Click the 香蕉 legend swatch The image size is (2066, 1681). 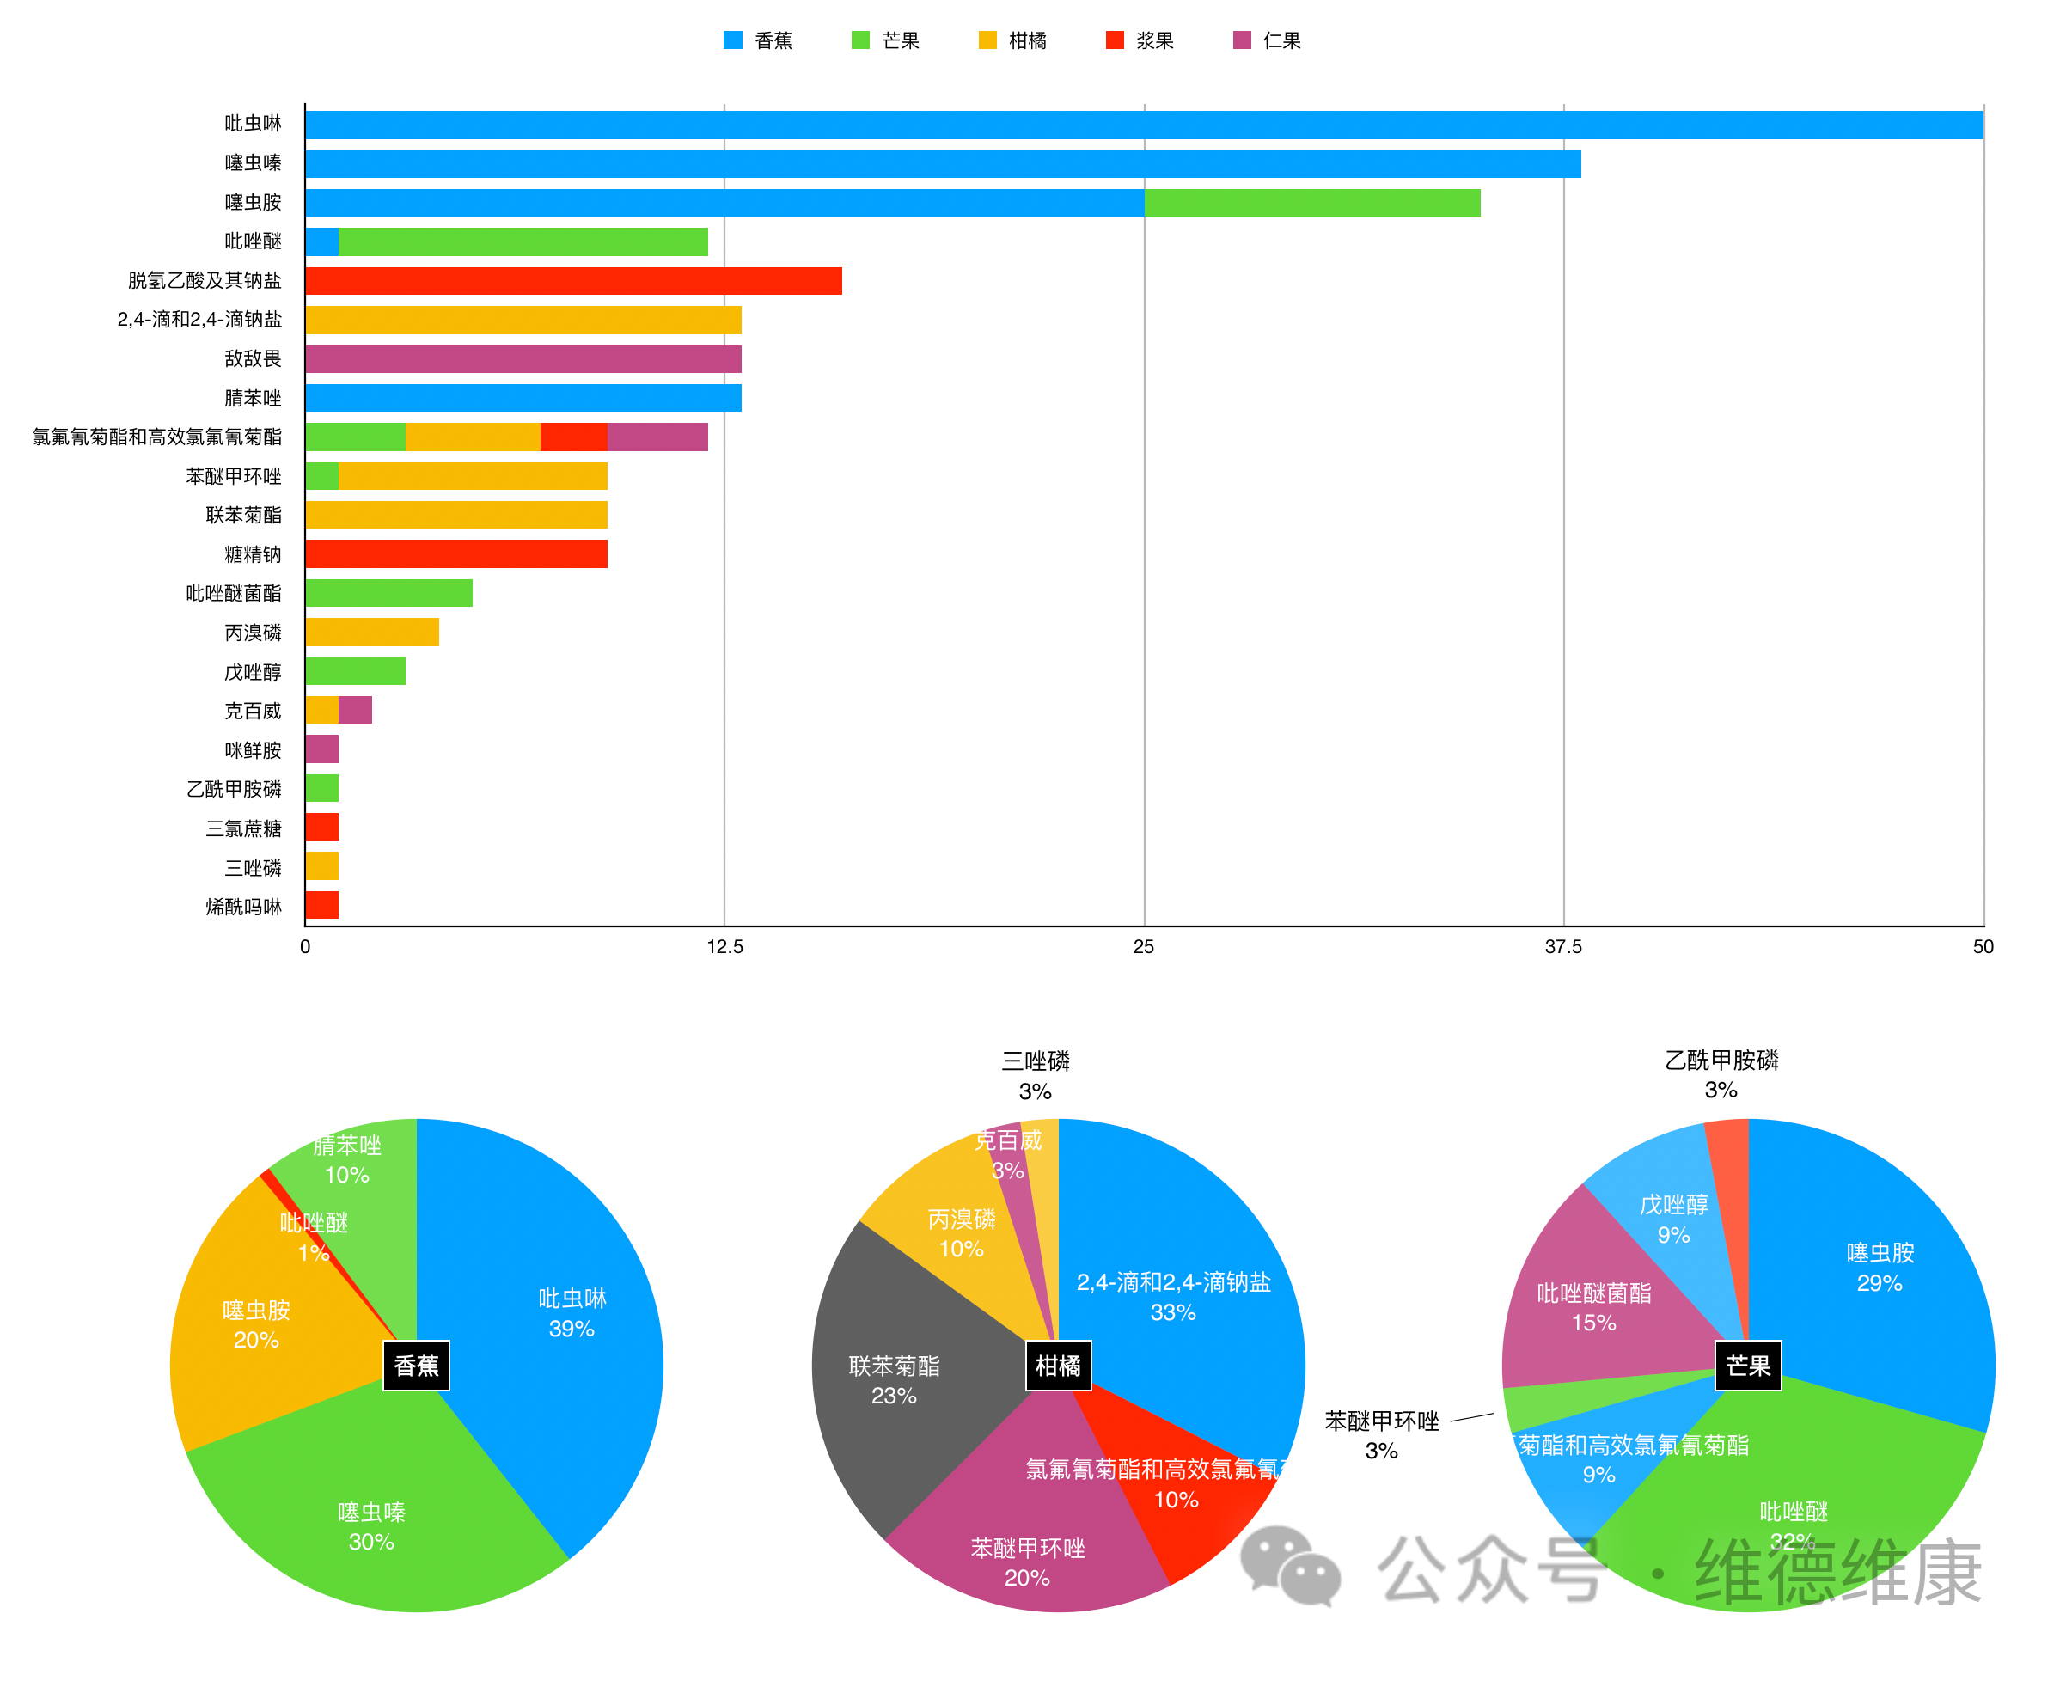point(733,40)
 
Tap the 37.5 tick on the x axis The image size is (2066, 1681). point(1562,947)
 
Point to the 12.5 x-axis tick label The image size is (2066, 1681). point(724,947)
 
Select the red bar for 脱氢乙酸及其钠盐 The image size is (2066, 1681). point(573,281)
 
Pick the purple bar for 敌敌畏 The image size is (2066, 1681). point(523,359)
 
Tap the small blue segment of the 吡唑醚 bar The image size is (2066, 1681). point(321,242)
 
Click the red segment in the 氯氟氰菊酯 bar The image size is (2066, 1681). point(573,437)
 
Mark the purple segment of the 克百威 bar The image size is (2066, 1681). point(355,711)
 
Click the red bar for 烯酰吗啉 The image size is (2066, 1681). point(321,905)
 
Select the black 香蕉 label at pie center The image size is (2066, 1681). point(416,1366)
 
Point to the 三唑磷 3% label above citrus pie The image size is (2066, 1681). point(1035,1076)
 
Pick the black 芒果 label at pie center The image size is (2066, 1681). point(1747,1366)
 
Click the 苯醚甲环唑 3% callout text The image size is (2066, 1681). point(1382,1436)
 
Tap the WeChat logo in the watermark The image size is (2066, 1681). point(1290,1567)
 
